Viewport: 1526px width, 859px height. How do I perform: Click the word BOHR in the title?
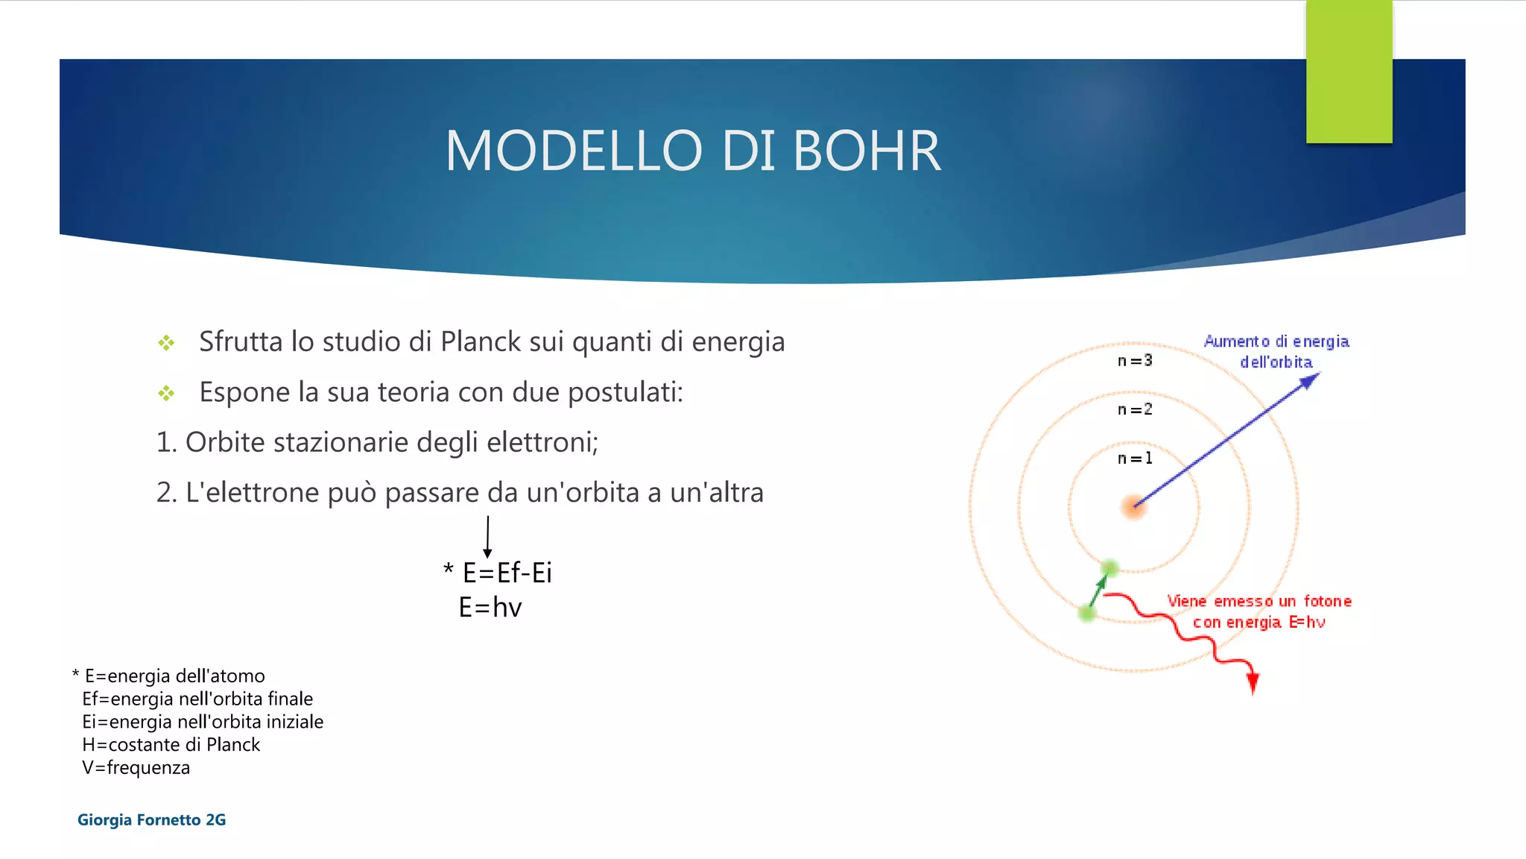click(x=867, y=151)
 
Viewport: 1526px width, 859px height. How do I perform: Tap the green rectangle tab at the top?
click(x=1349, y=72)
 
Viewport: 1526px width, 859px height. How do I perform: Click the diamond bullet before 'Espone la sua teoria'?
click(x=166, y=393)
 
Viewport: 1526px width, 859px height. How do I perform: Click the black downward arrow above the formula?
click(x=487, y=538)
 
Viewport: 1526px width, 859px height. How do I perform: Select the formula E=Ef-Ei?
click(x=507, y=573)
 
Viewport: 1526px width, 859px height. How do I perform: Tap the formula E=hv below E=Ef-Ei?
click(x=490, y=608)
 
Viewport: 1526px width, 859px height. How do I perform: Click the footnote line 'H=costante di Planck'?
click(x=171, y=745)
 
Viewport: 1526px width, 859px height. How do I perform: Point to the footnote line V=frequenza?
click(x=136, y=768)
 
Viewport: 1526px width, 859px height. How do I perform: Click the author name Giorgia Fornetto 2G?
click(x=151, y=820)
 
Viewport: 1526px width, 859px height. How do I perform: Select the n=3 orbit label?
click(x=1135, y=361)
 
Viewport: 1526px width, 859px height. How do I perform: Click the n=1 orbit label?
click(x=1135, y=459)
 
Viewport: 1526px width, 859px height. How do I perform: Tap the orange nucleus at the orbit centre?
click(x=1133, y=507)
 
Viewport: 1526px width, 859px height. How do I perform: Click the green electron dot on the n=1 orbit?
click(x=1109, y=568)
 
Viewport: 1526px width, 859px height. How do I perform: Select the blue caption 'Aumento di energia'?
click(x=1276, y=342)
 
